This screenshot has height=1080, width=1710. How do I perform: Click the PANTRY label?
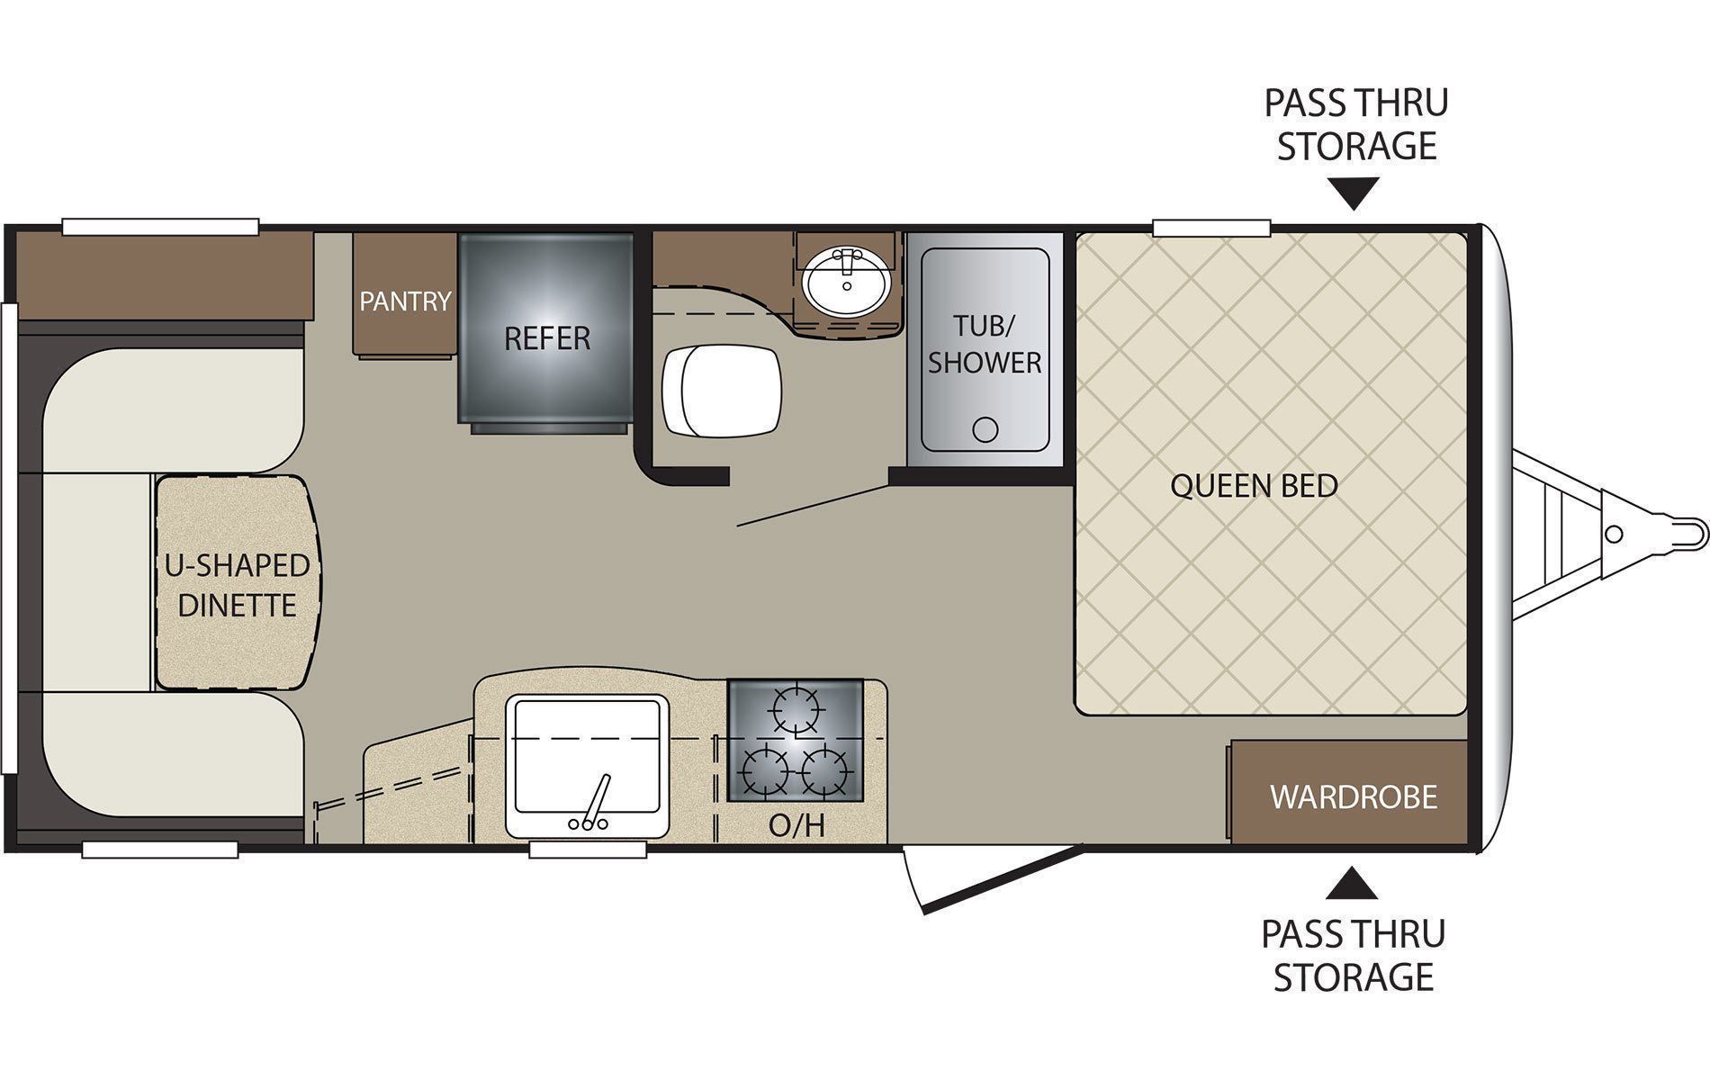pos(405,301)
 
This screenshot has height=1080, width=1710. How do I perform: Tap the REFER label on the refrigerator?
pos(547,338)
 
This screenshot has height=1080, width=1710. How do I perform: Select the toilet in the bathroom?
pos(722,391)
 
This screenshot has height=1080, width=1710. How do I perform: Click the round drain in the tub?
pos(986,429)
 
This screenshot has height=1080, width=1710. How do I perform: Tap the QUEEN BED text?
pos(1254,486)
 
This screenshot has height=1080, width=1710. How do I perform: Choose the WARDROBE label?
pos(1354,796)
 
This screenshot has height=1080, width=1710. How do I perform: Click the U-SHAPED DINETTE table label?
pos(237,585)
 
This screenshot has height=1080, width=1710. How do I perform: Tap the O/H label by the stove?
pos(796,825)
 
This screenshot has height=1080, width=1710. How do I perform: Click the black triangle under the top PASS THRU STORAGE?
pos(1353,193)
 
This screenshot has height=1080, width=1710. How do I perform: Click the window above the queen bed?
pos(1211,228)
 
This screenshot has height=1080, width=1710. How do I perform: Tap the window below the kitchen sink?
pos(588,850)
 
